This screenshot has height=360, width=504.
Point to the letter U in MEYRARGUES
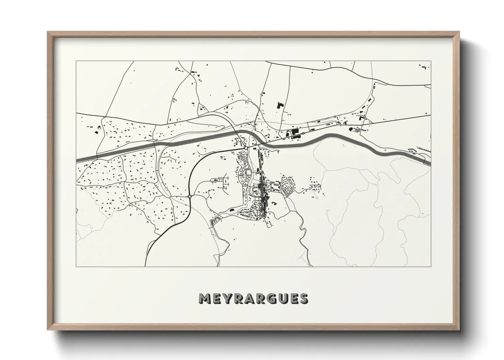point(283,298)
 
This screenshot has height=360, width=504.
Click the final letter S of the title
point(304,298)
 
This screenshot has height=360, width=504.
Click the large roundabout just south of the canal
point(246,148)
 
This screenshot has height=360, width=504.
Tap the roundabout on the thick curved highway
point(189,196)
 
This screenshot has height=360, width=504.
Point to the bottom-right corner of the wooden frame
point(458,329)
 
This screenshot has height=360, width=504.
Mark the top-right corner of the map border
point(431,61)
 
